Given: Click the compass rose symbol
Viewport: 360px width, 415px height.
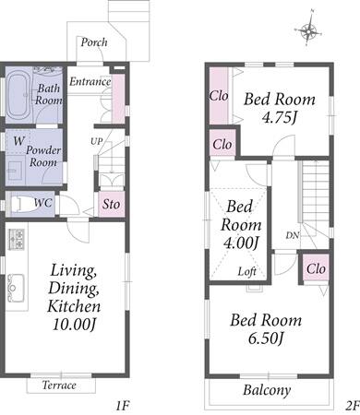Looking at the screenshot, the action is (308, 30).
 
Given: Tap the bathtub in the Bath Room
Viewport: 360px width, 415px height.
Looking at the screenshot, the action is (18, 96).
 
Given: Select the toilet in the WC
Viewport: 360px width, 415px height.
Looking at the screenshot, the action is (21, 203).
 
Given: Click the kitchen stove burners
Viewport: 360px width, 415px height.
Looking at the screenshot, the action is (17, 239).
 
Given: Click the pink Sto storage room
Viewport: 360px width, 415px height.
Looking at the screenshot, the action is (111, 204).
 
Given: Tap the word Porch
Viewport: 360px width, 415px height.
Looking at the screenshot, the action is (94, 42).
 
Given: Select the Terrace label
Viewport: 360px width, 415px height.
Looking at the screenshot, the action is (59, 385).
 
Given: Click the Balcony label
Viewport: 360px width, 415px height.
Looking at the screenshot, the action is (267, 390).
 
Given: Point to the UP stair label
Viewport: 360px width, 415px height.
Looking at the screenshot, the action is (96, 141).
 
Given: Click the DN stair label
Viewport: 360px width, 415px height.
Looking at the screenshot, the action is (293, 235).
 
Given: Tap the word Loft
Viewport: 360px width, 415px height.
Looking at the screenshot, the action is (247, 271).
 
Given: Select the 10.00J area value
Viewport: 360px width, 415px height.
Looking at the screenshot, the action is (74, 324).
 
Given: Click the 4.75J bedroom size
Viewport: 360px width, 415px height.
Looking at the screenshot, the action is (280, 117).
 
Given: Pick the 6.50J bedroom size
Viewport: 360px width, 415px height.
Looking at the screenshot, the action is (266, 338).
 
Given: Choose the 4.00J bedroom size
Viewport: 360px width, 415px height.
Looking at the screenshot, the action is (241, 243).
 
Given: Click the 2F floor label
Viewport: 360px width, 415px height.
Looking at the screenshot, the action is (353, 406).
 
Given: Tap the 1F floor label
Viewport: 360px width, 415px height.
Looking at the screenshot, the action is (123, 406).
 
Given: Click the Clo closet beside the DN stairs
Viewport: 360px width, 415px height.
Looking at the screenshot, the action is (316, 268).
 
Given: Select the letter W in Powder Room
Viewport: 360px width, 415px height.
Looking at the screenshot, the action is (18, 141).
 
